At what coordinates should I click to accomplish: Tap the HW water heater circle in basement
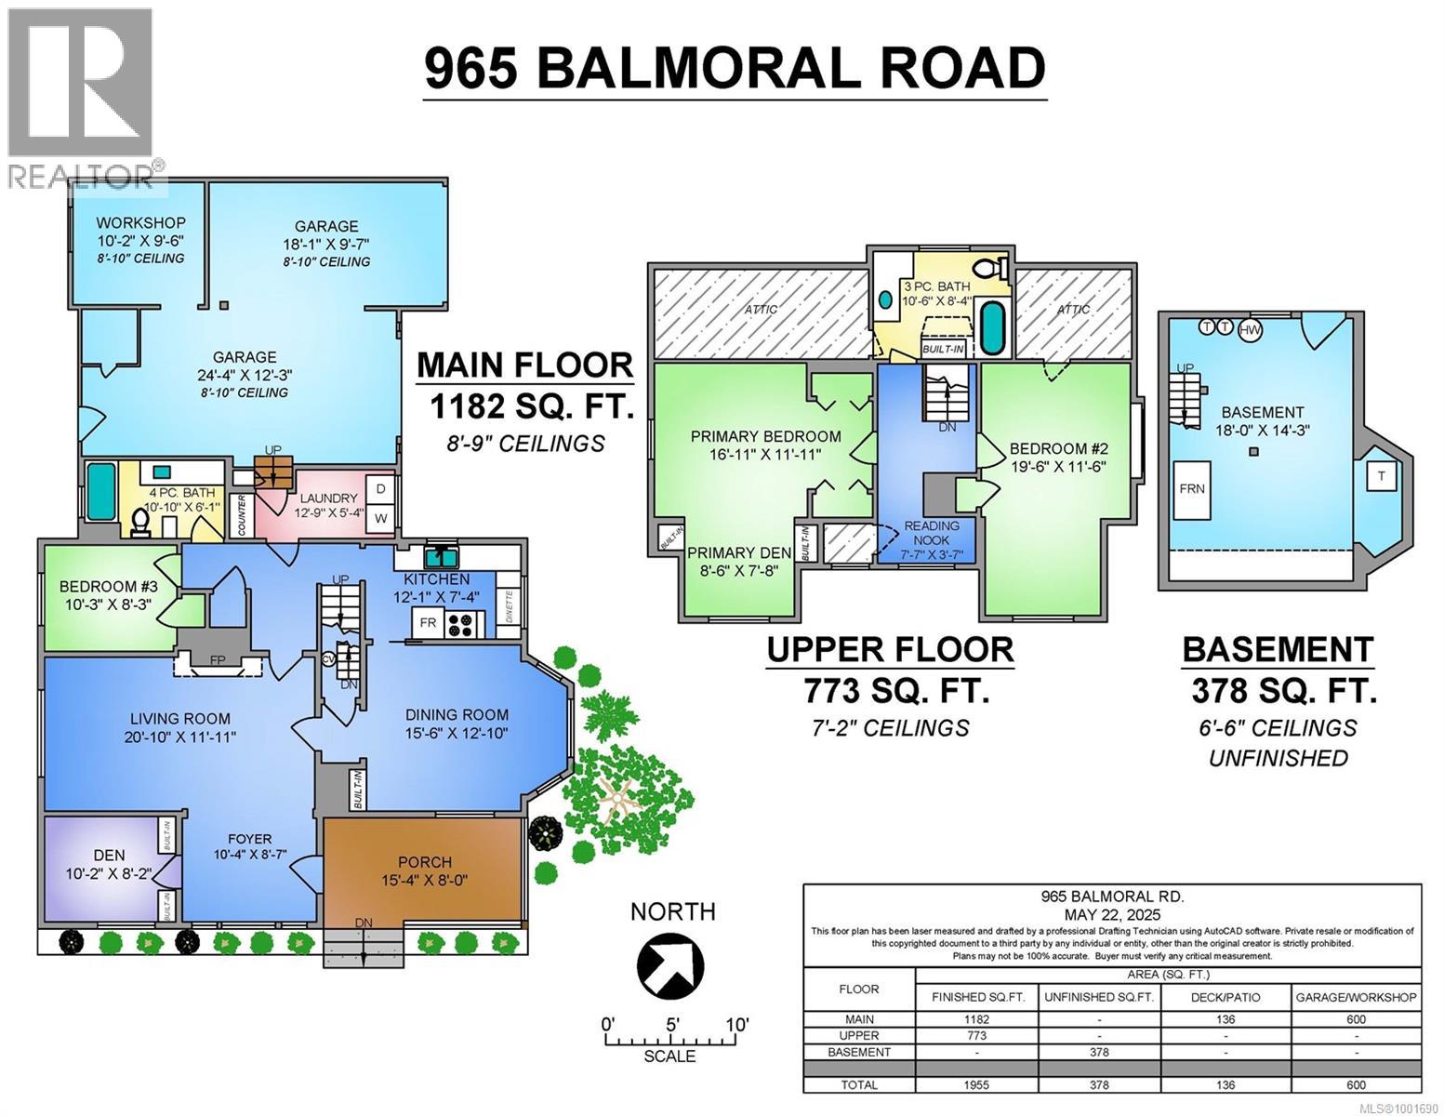point(1251,329)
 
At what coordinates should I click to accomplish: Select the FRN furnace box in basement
point(1192,488)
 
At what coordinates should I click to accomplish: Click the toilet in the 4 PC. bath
point(141,522)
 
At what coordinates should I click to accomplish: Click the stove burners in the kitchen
point(460,623)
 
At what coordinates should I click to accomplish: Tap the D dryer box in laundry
point(378,488)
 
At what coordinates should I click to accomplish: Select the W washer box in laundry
point(378,518)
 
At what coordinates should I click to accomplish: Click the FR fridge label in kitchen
point(428,623)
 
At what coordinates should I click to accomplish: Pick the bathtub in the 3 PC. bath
point(993,328)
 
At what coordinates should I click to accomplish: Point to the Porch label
point(425,862)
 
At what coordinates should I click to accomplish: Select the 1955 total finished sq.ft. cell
point(976,1084)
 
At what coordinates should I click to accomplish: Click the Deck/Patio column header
point(1225,997)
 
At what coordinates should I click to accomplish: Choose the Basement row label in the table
point(859,1052)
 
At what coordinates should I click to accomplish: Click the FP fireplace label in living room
point(218,660)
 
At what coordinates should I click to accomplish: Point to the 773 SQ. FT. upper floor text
point(895,692)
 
